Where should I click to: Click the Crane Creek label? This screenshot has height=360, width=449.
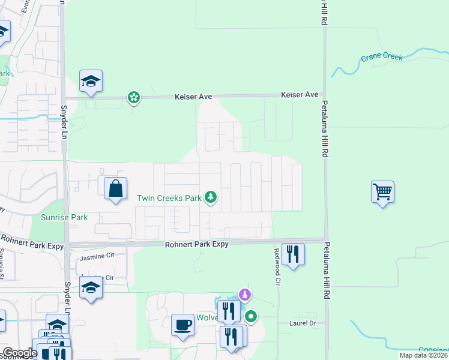(382, 58)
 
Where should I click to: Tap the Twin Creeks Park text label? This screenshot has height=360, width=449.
(169, 197)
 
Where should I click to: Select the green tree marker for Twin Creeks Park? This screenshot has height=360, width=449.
(210, 197)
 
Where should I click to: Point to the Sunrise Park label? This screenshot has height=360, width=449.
(64, 217)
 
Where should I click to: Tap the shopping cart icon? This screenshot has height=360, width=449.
(382, 193)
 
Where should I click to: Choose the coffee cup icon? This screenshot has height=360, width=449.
(183, 325)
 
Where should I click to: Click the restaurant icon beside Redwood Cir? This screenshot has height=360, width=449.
(293, 254)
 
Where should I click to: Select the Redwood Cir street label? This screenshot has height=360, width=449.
(277, 266)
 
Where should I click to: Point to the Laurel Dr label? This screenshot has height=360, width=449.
(305, 323)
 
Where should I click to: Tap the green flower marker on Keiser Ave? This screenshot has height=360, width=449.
(133, 97)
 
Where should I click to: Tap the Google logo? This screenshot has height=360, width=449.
(20, 353)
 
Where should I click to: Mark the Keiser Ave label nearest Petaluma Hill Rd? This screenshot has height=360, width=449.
(300, 95)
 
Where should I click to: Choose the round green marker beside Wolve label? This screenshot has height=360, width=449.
(252, 316)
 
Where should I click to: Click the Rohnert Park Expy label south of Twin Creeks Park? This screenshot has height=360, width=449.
(197, 245)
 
